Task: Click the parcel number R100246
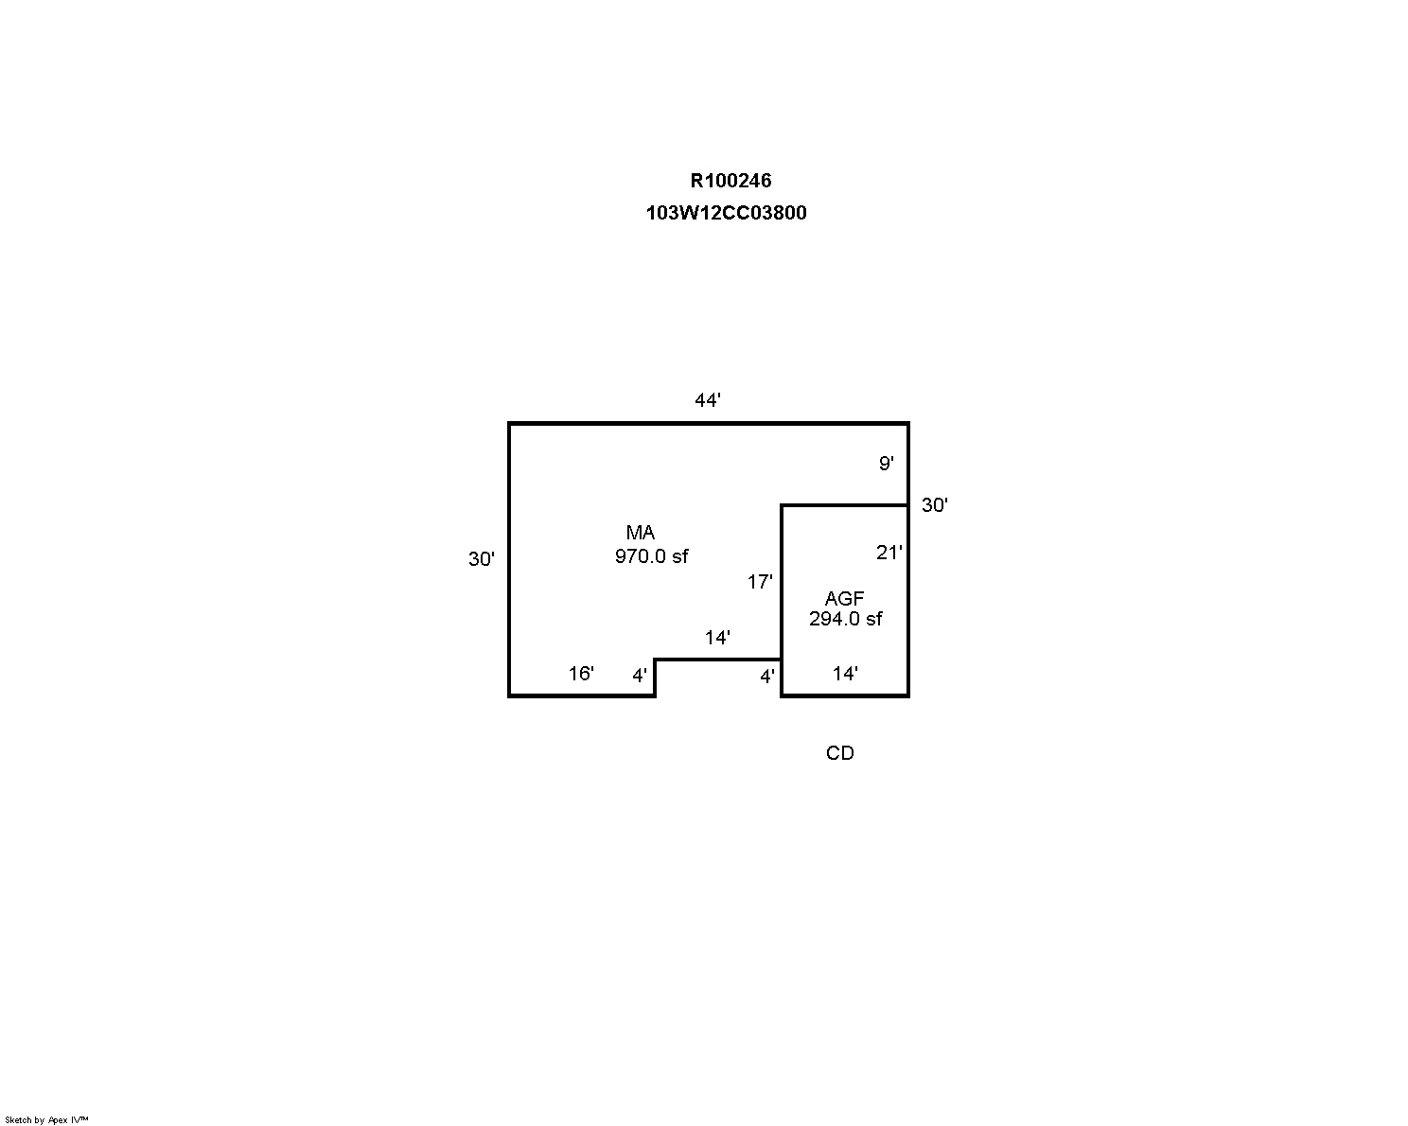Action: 730,181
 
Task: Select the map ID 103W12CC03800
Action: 727,213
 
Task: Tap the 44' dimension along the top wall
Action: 708,399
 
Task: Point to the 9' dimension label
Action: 887,464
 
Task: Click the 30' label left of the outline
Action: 482,559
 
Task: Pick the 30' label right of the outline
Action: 935,504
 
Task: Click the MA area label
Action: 641,532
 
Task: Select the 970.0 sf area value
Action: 652,556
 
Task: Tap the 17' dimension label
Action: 760,582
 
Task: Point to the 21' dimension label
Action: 889,553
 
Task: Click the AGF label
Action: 845,598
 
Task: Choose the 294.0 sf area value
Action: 846,618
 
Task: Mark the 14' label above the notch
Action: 718,637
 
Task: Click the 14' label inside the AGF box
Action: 845,674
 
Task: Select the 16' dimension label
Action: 581,674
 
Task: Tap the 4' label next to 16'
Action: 640,676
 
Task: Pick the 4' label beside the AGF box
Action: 767,677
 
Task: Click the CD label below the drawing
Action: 840,753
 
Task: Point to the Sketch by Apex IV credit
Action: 46,1119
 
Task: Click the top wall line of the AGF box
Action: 845,505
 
